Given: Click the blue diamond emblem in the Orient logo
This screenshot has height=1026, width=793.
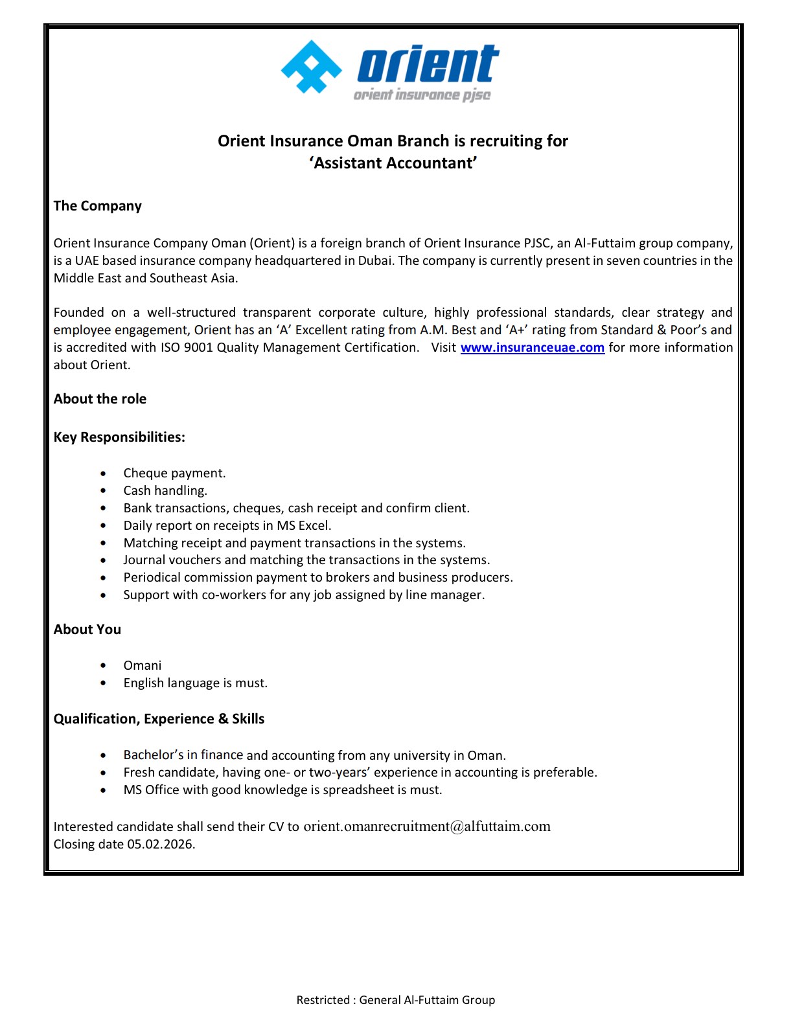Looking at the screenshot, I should click(x=312, y=67).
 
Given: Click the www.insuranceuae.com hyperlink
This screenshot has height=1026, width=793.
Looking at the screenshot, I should click(x=532, y=348).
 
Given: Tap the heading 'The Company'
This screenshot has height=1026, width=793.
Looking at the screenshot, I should click(x=98, y=206).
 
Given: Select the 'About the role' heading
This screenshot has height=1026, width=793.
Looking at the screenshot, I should click(x=100, y=399).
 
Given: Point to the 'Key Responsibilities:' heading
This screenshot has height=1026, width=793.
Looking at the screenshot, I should click(x=119, y=437).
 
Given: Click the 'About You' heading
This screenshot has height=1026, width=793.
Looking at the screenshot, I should click(x=87, y=630).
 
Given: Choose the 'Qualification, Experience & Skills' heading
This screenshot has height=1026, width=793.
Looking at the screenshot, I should click(x=159, y=719).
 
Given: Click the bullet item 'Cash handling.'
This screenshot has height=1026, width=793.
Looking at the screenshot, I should click(x=165, y=491).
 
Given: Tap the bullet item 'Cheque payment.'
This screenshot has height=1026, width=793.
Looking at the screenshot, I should click(x=174, y=473).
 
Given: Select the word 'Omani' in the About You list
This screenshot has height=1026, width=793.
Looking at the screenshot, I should click(x=143, y=666).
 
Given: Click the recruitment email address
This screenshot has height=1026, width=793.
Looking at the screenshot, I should click(x=427, y=826).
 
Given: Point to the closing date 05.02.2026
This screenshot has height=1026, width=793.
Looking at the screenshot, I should click(x=161, y=844).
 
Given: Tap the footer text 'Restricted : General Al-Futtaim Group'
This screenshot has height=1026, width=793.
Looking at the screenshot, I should click(x=395, y=1000).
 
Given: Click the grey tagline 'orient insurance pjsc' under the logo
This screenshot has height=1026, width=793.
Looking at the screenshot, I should click(x=422, y=96).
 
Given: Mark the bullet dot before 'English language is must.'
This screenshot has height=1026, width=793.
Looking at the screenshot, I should click(x=103, y=683).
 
